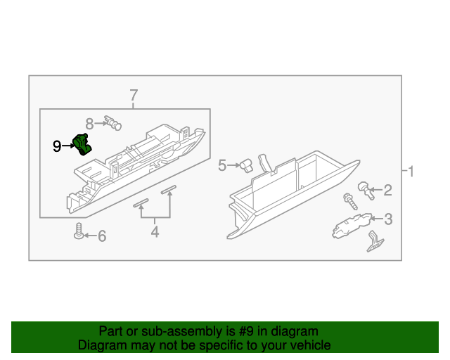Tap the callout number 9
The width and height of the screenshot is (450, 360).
coord(57,146)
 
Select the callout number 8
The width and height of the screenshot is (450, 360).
coord(90,122)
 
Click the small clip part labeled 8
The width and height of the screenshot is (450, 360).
coord(112,123)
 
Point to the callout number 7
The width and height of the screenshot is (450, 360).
coord(134,95)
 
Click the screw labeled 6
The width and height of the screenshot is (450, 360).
coord(79,231)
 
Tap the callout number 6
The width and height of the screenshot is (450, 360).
coord(101,236)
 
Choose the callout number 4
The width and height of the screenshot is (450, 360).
coord(155,232)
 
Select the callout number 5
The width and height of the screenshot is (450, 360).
coord(222,165)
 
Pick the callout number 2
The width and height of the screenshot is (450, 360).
coord(387,190)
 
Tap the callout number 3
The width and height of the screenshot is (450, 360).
coord(387,219)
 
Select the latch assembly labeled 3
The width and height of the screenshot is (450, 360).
coord(348,226)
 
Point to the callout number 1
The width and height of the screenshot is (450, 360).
coord(411,171)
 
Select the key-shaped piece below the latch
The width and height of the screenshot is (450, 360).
coord(374,243)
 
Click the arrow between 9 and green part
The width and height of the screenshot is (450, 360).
coord(68,146)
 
